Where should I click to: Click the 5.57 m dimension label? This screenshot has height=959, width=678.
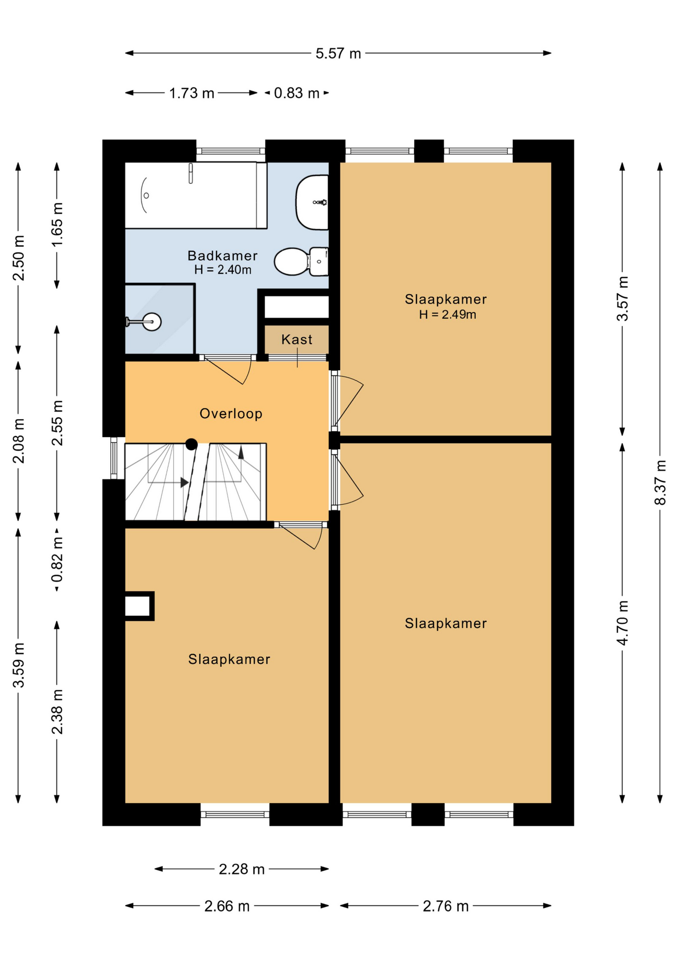point(338,53)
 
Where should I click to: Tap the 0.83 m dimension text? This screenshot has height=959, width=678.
point(297,93)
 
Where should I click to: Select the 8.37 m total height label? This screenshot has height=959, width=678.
point(660,482)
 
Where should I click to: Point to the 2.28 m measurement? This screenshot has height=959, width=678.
point(242,869)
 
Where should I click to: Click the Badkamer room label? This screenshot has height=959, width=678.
point(223,256)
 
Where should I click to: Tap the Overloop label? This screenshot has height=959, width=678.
point(231,414)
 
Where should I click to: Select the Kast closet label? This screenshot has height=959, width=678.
point(297,340)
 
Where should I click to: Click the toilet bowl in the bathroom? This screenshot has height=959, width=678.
point(292,261)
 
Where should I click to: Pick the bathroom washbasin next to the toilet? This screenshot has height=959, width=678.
point(313,202)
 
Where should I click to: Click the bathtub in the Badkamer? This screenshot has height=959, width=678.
point(195,195)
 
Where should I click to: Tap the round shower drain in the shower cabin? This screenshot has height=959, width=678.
point(152,322)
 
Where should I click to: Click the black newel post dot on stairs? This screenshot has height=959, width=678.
point(191,444)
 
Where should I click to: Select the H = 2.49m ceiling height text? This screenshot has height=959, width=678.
point(447,315)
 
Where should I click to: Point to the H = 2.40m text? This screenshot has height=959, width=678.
point(223,270)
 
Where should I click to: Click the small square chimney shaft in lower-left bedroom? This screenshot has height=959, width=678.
point(138,606)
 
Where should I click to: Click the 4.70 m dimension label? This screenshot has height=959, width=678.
point(623,623)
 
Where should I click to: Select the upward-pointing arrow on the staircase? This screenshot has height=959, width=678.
point(241,453)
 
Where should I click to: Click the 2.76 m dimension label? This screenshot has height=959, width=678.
point(445,906)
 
